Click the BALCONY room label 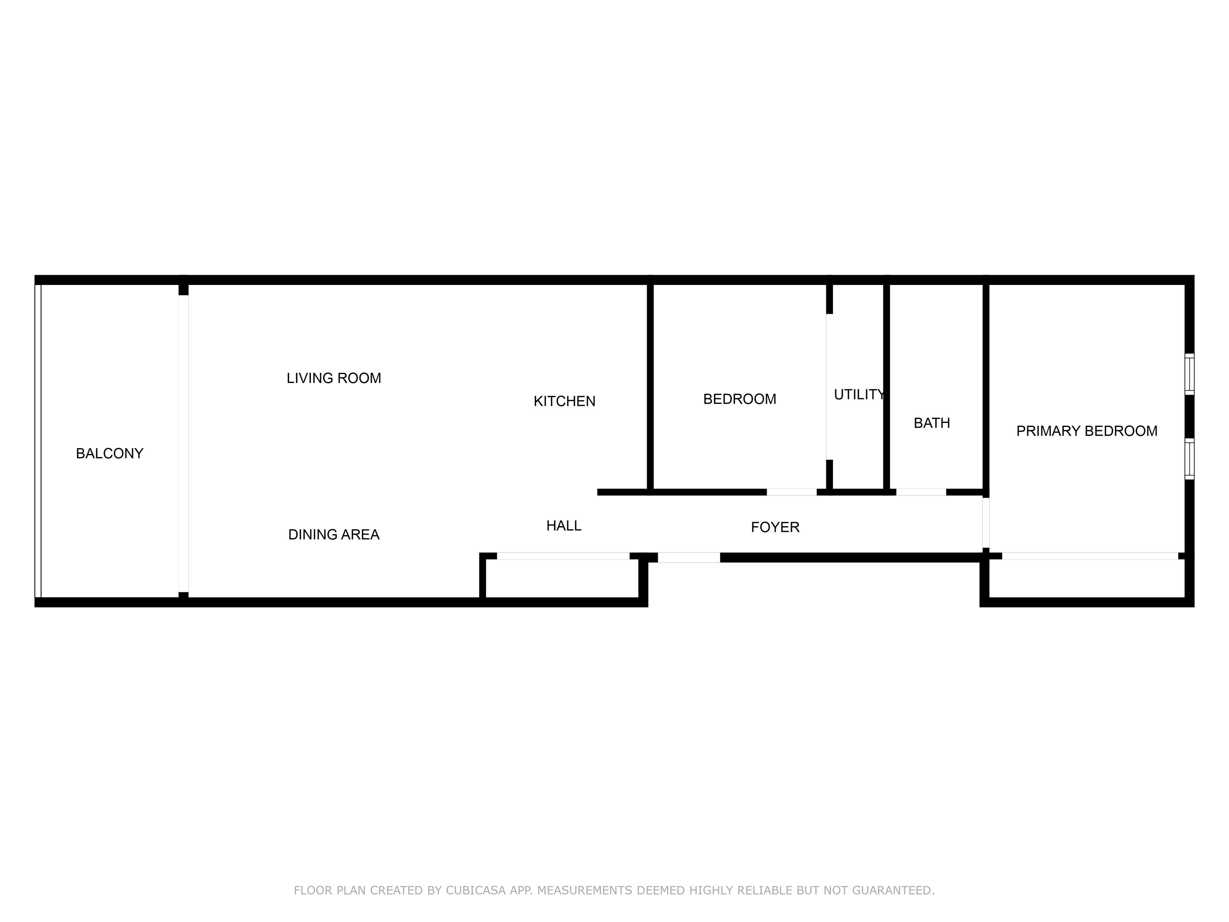tap(110, 453)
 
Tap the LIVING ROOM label tap(334, 379)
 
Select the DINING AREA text tap(334, 535)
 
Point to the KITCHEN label tap(564, 401)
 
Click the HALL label tap(564, 526)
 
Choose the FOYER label tap(775, 527)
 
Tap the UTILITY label tap(859, 395)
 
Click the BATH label tap(932, 423)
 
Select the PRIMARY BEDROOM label tap(1087, 431)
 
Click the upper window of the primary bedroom tap(1189, 374)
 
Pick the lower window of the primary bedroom tap(1189, 459)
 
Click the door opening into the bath tap(921, 492)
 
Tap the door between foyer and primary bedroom tap(986, 522)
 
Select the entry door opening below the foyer tap(689, 557)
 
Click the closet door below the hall tap(563, 556)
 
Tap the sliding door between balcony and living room tap(183, 443)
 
